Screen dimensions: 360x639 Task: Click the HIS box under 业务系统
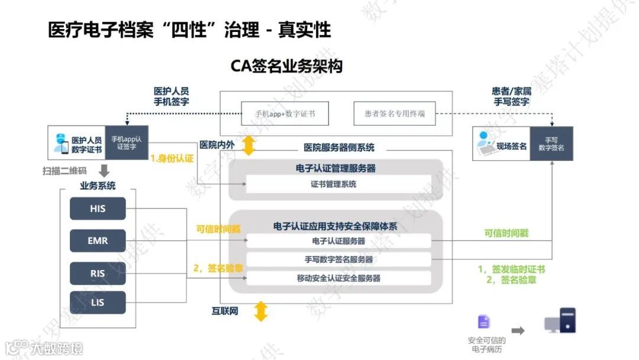(x=98, y=208)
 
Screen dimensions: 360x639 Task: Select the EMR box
(x=98, y=240)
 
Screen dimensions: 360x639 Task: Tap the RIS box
(x=98, y=273)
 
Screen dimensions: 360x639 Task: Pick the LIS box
(x=98, y=303)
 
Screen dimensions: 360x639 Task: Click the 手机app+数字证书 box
(x=285, y=114)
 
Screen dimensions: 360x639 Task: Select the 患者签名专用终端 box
(x=394, y=114)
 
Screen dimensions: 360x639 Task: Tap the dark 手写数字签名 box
(x=551, y=143)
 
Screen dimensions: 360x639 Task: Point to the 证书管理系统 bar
(x=335, y=184)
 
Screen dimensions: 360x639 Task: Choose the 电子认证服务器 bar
(x=338, y=241)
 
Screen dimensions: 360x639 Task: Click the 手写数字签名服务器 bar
(x=338, y=259)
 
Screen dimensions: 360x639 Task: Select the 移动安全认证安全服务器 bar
(x=338, y=278)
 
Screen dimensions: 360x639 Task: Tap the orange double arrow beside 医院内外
(x=248, y=146)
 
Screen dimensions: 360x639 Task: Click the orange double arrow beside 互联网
(x=260, y=311)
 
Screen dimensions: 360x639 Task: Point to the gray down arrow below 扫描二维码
(x=104, y=171)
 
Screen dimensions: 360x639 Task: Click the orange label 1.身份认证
(x=172, y=159)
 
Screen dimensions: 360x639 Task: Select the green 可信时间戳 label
(x=506, y=233)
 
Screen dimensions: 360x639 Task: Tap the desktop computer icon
(x=560, y=321)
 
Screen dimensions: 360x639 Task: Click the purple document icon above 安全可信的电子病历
(x=484, y=322)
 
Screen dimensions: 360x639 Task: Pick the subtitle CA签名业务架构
(x=286, y=66)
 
